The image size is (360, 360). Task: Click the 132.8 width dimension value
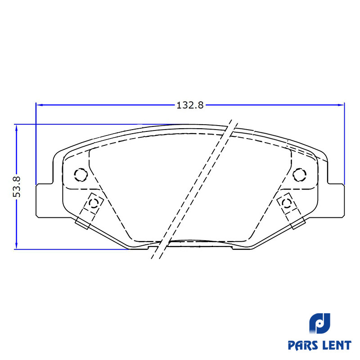pos(190,105)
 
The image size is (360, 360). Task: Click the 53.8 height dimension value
pos(17,187)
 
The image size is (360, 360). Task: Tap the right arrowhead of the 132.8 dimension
pos(341,105)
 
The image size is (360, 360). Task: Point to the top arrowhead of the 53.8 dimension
pos(16,128)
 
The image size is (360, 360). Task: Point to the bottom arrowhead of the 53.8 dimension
pos(16,245)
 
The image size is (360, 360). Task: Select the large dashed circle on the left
pos(81,175)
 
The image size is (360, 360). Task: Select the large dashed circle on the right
pos(299,175)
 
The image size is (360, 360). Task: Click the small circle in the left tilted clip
pos(94,203)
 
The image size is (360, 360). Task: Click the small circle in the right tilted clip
pos(287,203)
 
